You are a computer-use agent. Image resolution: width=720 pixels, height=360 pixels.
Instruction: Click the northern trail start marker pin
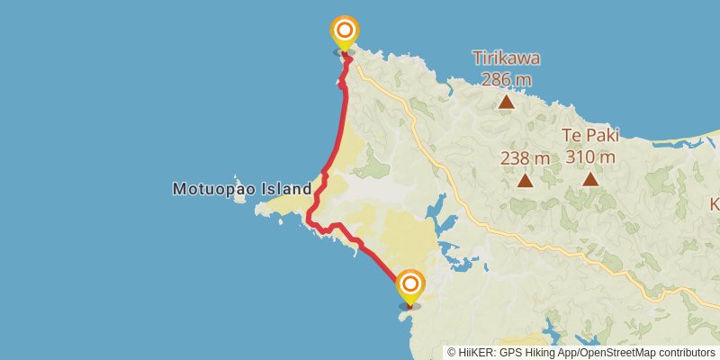(x=343, y=33)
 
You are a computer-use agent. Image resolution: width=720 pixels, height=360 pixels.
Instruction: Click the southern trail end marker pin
(x=409, y=286)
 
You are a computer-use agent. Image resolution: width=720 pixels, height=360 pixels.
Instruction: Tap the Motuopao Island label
(x=241, y=189)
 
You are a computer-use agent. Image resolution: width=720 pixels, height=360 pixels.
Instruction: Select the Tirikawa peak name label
(x=507, y=59)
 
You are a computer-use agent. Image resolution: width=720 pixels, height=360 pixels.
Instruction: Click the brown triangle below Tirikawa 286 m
(x=507, y=102)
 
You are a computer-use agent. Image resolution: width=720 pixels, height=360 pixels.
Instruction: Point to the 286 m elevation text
(x=507, y=79)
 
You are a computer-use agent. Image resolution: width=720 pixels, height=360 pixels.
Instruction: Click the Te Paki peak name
(x=590, y=136)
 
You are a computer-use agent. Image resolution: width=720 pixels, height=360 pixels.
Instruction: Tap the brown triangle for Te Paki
(x=590, y=178)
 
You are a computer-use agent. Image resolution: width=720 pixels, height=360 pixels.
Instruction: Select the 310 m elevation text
(x=590, y=157)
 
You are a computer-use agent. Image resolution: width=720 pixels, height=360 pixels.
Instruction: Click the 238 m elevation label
(x=525, y=158)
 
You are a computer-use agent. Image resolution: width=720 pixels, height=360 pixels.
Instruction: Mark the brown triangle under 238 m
(x=525, y=181)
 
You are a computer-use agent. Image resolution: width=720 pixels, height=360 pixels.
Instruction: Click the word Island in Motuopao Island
(x=287, y=189)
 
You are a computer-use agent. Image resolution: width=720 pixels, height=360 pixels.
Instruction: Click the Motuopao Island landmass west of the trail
(x=279, y=208)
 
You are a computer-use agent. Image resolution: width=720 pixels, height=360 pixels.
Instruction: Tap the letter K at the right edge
(x=715, y=204)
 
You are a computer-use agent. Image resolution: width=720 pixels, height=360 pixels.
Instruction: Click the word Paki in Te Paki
(x=601, y=136)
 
